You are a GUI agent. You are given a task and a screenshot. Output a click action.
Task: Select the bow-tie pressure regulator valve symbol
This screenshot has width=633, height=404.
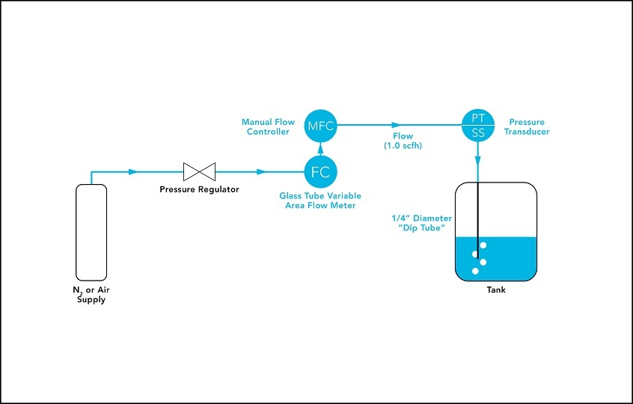click(x=199, y=171)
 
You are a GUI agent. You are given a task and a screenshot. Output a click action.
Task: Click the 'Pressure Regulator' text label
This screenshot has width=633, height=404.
click(x=199, y=189)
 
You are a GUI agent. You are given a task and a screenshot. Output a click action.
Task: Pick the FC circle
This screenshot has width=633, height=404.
click(x=320, y=172)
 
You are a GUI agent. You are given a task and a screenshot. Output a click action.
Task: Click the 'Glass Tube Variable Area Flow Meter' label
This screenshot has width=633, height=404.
click(x=320, y=201)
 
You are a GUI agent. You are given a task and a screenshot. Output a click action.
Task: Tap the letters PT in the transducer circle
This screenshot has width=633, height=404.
click(x=477, y=117)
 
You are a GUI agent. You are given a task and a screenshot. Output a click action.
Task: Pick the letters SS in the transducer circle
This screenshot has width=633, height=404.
click(x=477, y=132)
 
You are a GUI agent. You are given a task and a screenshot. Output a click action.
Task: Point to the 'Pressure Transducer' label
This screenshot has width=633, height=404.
click(x=529, y=126)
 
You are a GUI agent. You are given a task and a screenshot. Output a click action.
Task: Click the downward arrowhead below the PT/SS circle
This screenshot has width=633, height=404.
click(x=477, y=159)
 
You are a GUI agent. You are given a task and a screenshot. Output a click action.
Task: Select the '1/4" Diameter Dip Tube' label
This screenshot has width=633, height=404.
click(x=422, y=223)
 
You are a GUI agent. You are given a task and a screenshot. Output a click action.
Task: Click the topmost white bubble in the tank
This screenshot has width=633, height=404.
click(x=483, y=245)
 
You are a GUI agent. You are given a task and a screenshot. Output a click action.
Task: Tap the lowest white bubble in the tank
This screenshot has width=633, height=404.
click(x=475, y=271)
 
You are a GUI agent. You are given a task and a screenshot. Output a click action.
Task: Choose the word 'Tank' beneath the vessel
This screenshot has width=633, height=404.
click(x=495, y=290)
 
